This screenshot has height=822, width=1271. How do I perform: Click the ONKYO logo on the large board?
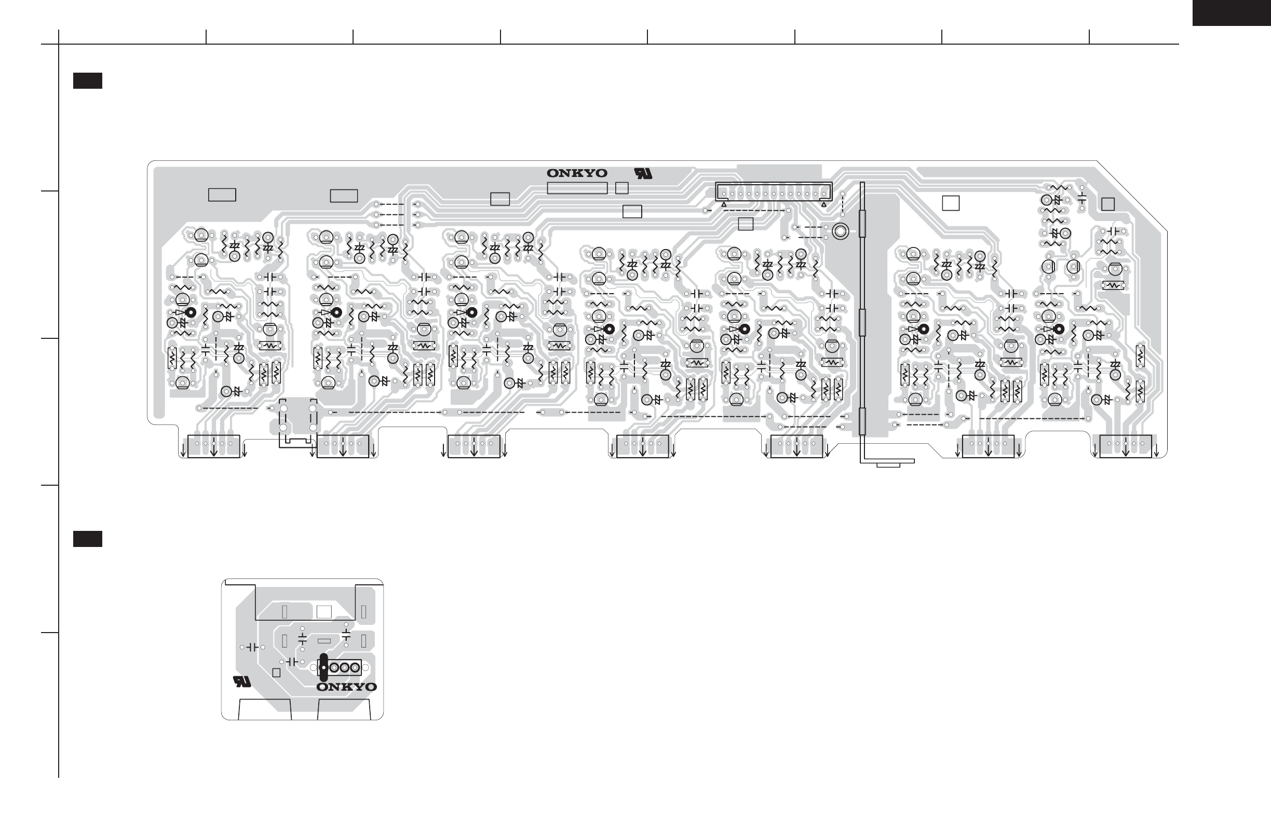[577, 173]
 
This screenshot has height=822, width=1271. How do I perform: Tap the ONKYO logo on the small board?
[347, 687]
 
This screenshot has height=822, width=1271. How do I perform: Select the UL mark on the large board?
[643, 173]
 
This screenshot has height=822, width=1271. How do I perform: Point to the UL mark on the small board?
[242, 681]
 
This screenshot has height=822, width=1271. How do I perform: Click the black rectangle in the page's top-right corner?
[1232, 13]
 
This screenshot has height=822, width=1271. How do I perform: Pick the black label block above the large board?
[88, 80]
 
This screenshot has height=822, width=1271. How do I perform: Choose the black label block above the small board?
[88, 539]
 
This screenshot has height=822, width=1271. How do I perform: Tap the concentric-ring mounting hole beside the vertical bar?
[840, 231]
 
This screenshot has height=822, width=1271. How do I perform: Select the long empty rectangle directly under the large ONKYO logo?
[577, 188]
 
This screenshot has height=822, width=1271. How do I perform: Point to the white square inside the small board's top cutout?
[324, 612]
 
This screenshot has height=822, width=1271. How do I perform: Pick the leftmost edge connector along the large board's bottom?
[213, 446]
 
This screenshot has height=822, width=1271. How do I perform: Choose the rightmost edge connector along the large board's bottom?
[1126, 446]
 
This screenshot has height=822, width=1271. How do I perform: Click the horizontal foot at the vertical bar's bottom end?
[887, 461]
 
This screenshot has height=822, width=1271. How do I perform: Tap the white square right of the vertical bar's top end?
[951, 203]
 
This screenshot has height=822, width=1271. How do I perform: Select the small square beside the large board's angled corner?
[1108, 204]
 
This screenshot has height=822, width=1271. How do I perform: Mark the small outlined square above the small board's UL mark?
[276, 673]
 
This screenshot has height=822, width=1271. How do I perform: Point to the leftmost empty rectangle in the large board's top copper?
[222, 195]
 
